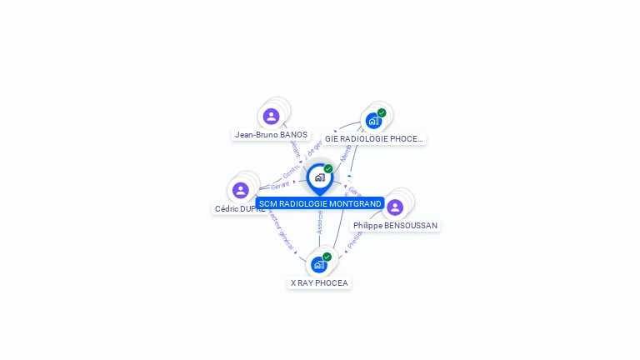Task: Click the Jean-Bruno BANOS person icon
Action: (271, 117)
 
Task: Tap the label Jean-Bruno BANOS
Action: (271, 135)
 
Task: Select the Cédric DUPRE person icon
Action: (241, 191)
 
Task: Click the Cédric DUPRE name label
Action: (240, 209)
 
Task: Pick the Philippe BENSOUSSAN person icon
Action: (395, 207)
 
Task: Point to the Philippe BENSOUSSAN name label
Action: (395, 226)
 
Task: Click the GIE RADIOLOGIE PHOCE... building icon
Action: (373, 120)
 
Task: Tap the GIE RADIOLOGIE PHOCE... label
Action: (374, 139)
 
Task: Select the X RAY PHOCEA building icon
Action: (318, 265)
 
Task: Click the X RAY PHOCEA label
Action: (319, 283)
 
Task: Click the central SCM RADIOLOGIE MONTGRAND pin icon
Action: (319, 177)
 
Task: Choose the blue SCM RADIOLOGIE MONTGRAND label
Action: (320, 203)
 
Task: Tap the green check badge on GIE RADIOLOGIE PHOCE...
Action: (382, 112)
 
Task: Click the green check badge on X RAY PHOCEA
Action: (327, 257)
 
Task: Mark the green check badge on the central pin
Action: (328, 169)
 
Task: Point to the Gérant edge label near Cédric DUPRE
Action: (280, 185)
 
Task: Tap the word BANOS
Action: (294, 135)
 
